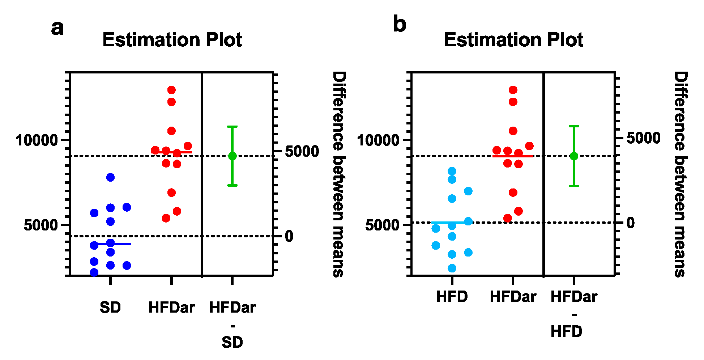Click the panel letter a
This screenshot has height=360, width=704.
click(57, 28)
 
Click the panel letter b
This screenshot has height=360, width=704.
click(399, 25)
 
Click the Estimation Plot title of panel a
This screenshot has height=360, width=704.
click(172, 40)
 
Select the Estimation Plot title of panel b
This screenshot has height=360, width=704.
click(513, 40)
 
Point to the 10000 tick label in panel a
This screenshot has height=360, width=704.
click(37, 140)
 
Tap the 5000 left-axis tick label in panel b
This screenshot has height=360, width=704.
click(383, 225)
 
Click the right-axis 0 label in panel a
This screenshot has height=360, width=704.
click(289, 236)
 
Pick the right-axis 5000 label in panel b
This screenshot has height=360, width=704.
click(643, 138)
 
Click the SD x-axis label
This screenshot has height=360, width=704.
click(110, 308)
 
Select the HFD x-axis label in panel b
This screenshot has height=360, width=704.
click(452, 297)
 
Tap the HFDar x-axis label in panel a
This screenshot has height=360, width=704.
click(171, 308)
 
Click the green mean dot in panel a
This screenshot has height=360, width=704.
click(232, 156)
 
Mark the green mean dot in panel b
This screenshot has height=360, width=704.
click(574, 156)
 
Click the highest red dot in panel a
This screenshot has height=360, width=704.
click(171, 90)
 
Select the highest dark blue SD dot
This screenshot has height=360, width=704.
click(110, 177)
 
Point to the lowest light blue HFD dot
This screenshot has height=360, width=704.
click(452, 268)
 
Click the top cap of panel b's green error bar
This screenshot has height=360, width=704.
click(574, 126)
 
